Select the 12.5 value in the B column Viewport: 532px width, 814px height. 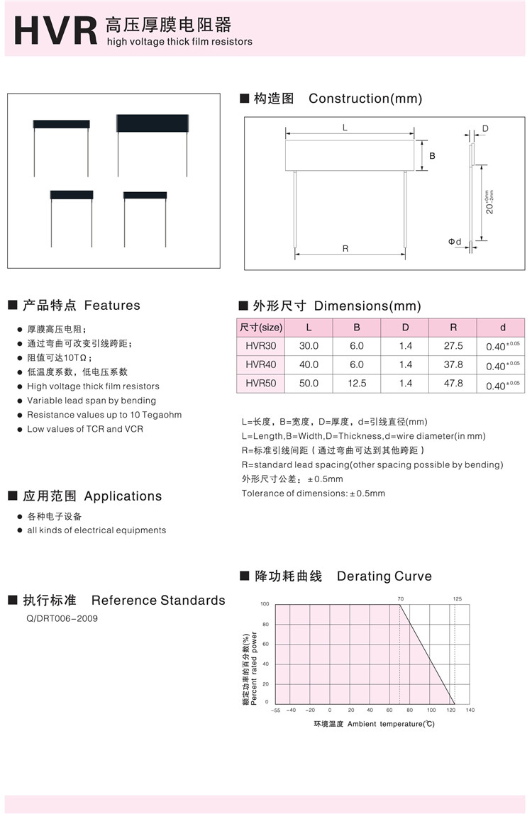(357, 383)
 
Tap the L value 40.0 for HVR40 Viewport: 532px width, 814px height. (309, 364)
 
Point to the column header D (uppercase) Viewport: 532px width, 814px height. (405, 328)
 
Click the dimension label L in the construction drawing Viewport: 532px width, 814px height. (345, 128)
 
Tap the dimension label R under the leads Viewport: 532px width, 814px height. (345, 248)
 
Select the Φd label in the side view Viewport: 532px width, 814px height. (455, 242)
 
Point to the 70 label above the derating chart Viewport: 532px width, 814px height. (400, 599)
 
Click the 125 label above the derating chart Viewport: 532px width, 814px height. (457, 599)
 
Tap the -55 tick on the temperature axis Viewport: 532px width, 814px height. (276, 710)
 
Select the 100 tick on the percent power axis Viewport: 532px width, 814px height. (265, 604)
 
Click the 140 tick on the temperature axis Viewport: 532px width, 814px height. (470, 710)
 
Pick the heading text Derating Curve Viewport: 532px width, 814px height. (384, 576)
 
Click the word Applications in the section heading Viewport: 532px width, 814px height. (123, 496)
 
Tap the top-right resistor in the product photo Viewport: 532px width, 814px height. (152, 124)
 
